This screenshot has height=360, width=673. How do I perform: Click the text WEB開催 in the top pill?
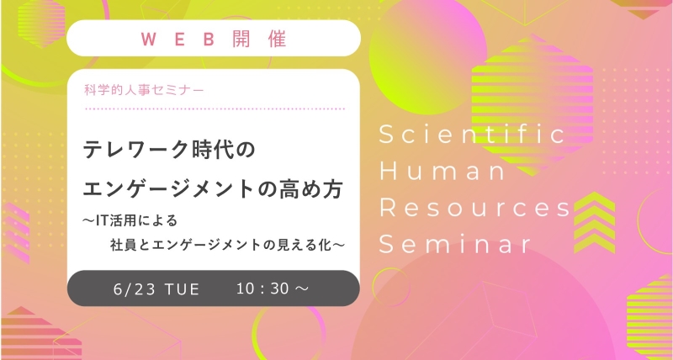(214, 39)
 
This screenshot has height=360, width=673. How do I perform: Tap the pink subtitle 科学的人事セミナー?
(144, 91)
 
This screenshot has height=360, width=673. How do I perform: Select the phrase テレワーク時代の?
(169, 150)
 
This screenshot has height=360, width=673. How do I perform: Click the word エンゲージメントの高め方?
(213, 189)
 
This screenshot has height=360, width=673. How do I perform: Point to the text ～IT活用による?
(130, 221)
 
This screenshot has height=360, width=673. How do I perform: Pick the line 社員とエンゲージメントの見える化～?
(227, 246)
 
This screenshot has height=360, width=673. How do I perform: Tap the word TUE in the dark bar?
(182, 289)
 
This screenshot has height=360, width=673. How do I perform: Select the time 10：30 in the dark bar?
(263, 289)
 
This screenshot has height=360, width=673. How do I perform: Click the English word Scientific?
(473, 134)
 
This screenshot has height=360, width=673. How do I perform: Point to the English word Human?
(442, 171)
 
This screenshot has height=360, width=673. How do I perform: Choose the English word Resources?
(475, 208)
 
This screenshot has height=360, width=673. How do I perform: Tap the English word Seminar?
(455, 244)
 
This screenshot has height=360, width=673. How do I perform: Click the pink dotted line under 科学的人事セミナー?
(215, 109)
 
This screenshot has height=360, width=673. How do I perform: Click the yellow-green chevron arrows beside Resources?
(595, 222)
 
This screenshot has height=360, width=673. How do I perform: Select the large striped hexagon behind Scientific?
(533, 105)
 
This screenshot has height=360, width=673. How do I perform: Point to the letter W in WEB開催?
(148, 39)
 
